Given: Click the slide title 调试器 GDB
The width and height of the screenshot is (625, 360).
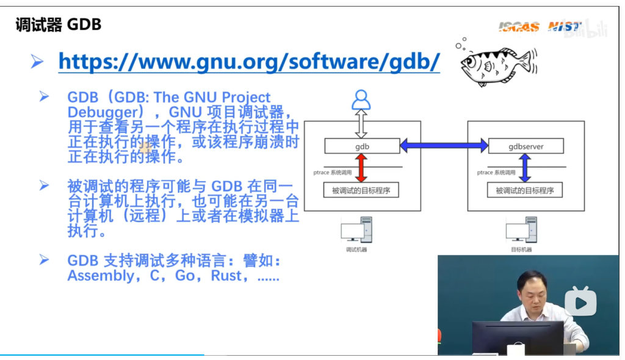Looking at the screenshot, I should [58, 25].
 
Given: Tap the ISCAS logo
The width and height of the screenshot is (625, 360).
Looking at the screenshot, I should [519, 26].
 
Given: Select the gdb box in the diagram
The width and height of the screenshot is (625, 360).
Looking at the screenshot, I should [362, 146].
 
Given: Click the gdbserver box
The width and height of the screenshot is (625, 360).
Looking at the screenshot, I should [526, 146].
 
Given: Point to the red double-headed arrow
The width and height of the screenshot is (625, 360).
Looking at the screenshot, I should [361, 168].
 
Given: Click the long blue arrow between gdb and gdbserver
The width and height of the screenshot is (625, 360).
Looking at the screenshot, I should [444, 146].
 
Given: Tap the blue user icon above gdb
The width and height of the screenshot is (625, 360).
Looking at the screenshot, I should [361, 99].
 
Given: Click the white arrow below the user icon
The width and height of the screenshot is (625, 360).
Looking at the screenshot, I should [361, 124].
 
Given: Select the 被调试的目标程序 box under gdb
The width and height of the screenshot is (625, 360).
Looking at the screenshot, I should [361, 190].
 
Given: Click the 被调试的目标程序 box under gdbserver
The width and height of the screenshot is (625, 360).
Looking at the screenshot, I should [525, 190].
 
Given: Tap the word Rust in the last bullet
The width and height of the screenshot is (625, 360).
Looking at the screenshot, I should [226, 276].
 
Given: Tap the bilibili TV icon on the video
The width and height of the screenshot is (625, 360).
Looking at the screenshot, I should [580, 301].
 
